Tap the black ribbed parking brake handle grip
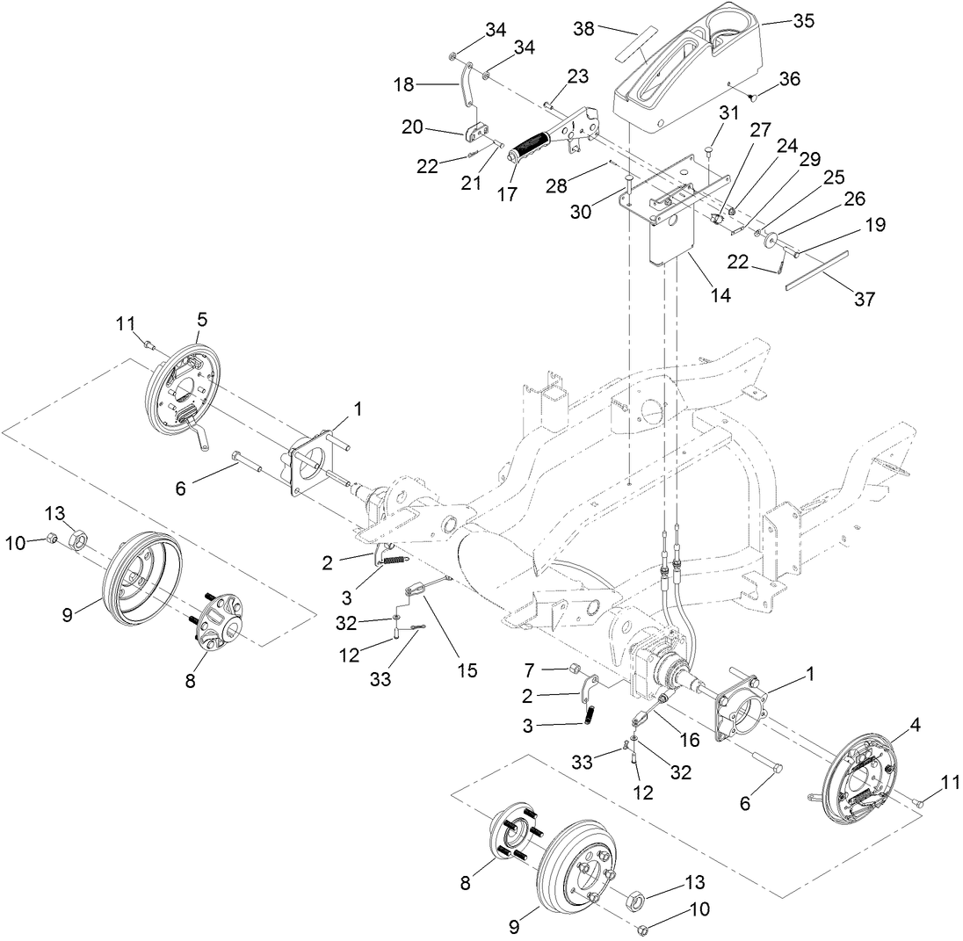[530, 143]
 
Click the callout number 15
[467, 670]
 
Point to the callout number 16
[690, 740]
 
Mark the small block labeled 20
[476, 133]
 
